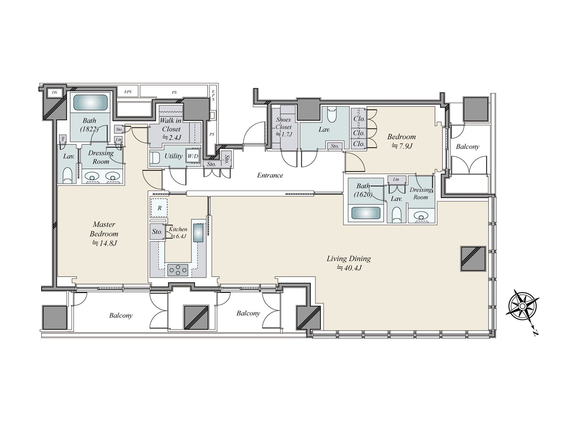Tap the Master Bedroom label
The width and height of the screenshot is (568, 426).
point(104,234)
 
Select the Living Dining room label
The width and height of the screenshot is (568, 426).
point(349,263)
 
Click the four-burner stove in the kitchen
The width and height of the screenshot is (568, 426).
point(178,270)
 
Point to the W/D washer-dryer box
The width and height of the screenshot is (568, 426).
point(193,156)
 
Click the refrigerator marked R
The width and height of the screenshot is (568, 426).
point(159,208)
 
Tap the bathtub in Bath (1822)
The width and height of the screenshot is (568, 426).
point(90,103)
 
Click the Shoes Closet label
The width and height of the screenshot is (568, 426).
point(283,127)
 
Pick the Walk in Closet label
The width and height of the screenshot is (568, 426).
point(171,129)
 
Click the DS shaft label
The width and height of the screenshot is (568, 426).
point(54,92)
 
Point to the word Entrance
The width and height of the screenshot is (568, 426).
point(270,175)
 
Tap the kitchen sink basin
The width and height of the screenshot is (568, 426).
point(198,233)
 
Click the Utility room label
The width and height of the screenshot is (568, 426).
point(173,156)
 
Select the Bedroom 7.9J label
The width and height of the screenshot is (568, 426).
point(402,141)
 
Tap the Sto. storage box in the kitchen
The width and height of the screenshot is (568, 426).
point(157,231)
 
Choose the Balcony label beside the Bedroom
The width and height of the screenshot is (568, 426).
point(468,147)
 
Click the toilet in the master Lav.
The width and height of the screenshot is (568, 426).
point(67,175)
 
